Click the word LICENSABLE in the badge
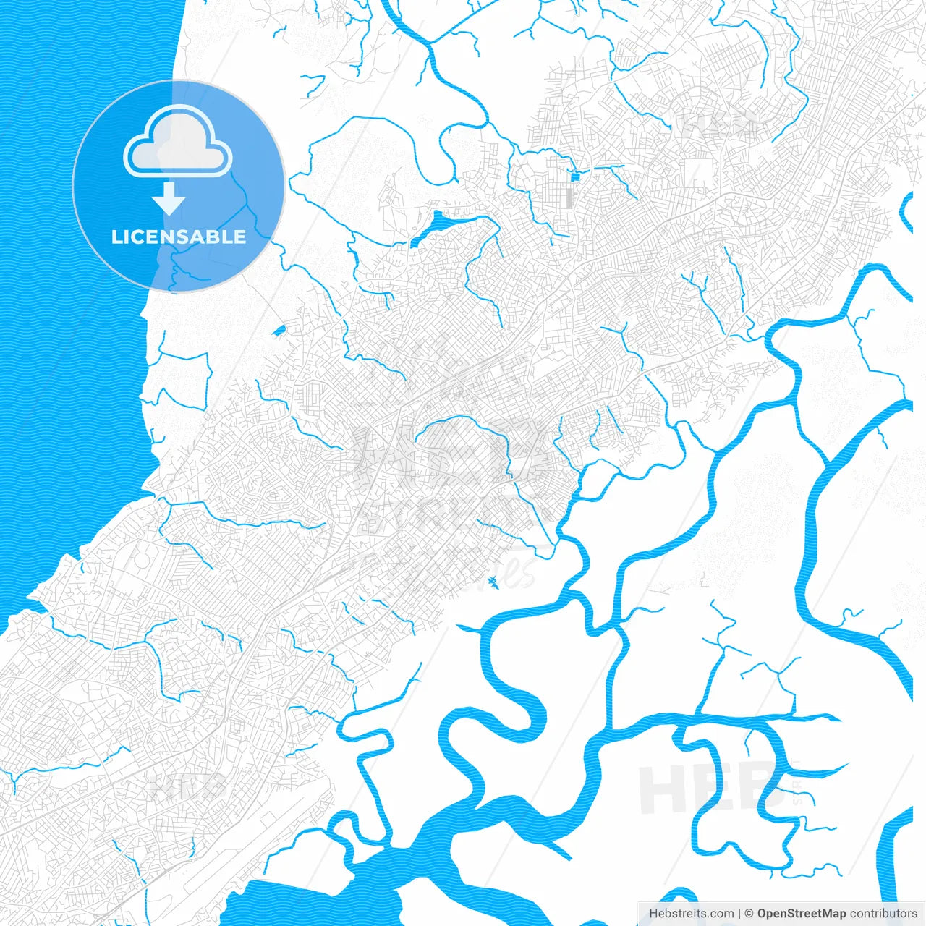click(x=178, y=237)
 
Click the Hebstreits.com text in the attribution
click(x=691, y=914)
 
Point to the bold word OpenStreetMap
click(x=802, y=914)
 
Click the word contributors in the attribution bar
click(x=883, y=914)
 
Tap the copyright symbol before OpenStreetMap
click(x=749, y=914)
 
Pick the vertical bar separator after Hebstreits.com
click(x=739, y=914)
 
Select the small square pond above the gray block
click(x=576, y=176)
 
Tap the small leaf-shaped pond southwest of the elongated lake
click(x=279, y=331)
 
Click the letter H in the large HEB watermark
click(x=661, y=789)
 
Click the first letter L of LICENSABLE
click(x=116, y=237)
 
